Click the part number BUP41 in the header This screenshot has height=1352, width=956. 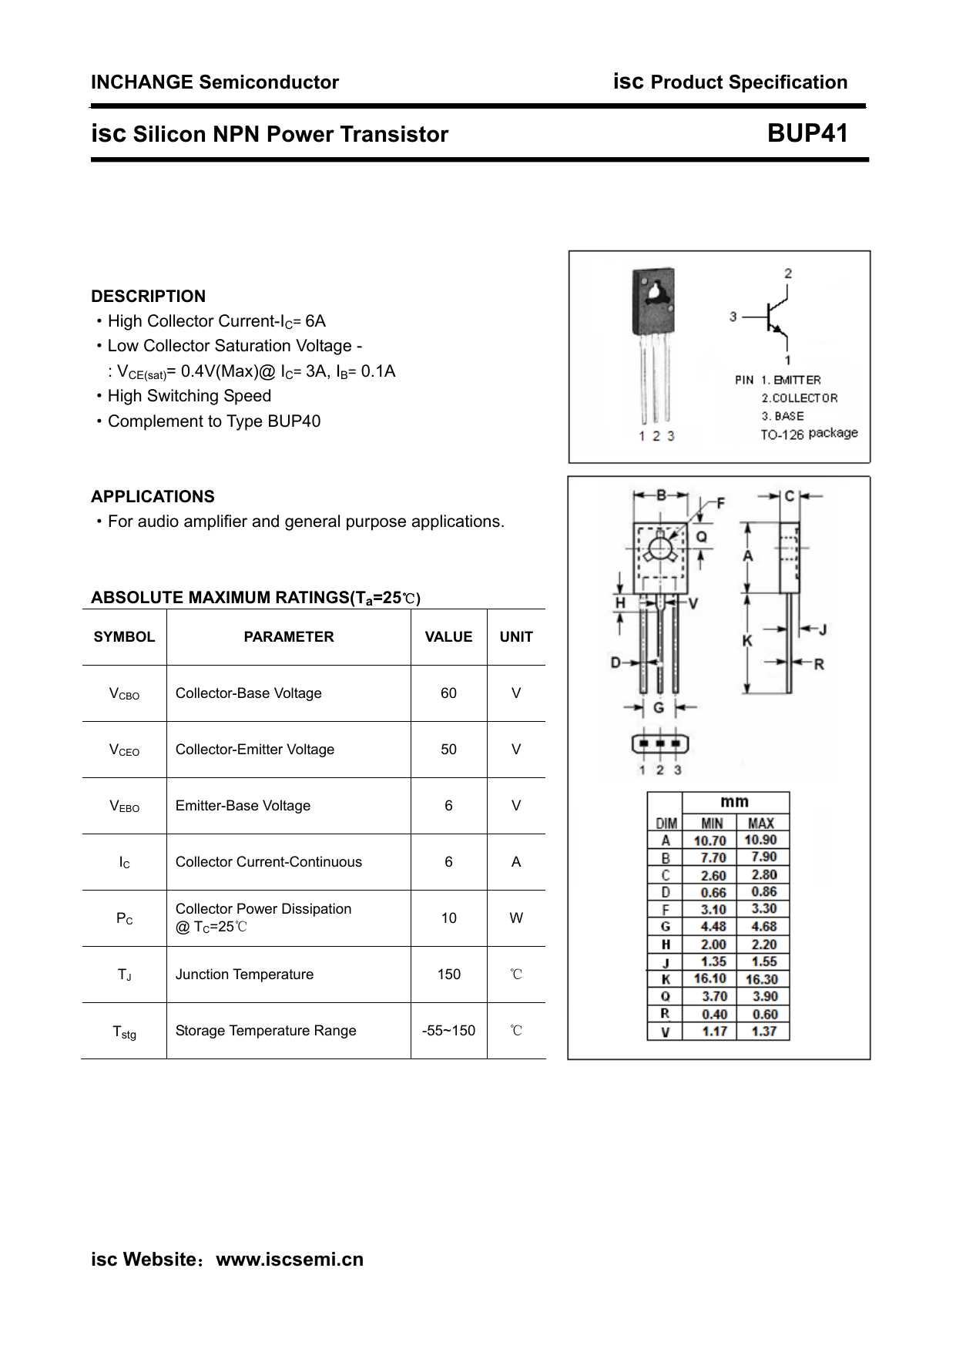(x=807, y=133)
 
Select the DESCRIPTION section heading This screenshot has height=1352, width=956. (x=148, y=297)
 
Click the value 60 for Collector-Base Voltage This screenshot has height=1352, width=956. (x=448, y=693)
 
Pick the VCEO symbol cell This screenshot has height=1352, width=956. (x=124, y=750)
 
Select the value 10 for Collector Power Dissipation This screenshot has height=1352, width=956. (x=448, y=918)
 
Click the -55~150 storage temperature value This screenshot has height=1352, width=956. (x=448, y=1031)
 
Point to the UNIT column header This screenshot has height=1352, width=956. (x=515, y=637)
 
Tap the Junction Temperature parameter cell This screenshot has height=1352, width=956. (x=244, y=975)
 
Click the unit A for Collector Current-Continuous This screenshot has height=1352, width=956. (x=515, y=862)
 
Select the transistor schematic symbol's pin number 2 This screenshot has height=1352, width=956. (x=788, y=273)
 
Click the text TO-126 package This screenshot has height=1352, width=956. (x=808, y=434)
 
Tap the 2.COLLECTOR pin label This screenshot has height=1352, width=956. (x=799, y=398)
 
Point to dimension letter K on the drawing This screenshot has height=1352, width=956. (x=747, y=641)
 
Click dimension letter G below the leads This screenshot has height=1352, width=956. (x=659, y=707)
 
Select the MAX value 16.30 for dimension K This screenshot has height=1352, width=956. (x=761, y=980)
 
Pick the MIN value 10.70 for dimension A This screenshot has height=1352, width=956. (x=709, y=840)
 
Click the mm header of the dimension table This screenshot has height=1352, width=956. (x=734, y=802)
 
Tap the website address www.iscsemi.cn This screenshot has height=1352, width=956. (x=289, y=1260)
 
